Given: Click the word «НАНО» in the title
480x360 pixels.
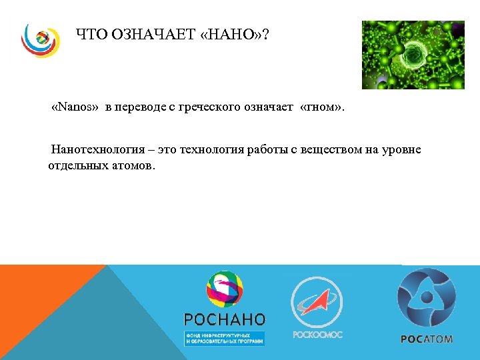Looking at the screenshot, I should click(234, 34).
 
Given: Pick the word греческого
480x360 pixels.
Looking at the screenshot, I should click(209, 108).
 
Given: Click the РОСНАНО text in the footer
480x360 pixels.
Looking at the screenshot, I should click(224, 319).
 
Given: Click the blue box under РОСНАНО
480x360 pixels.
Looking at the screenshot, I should click(225, 338).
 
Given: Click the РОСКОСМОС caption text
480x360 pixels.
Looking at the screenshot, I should click(317, 335).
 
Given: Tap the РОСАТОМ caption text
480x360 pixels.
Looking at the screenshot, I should click(427, 339).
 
